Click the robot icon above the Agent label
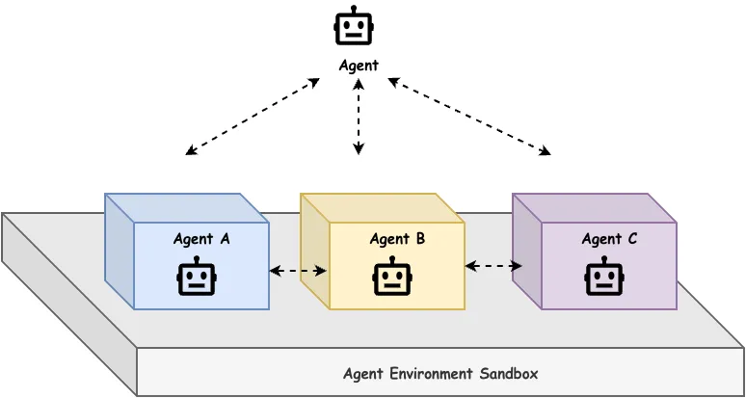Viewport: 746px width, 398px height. coord(353,26)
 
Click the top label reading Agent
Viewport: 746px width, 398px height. coord(359,66)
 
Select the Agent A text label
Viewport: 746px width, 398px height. coord(201,239)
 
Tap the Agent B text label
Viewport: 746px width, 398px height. coord(397,239)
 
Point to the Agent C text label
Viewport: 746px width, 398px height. coord(609,239)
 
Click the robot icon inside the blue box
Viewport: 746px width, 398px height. coord(197,277)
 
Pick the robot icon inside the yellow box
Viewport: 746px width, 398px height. coord(392,277)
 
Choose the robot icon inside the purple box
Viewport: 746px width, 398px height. coord(603,277)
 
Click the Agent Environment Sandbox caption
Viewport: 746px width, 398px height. coord(440,373)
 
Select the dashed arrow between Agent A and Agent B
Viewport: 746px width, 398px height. coord(298,271)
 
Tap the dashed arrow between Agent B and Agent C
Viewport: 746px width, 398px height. coord(493,266)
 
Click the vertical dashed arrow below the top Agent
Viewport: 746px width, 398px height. coord(359,116)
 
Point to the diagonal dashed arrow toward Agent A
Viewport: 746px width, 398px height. coord(253,117)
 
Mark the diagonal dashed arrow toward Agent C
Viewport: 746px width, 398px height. coord(468,117)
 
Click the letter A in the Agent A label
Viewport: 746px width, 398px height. coord(225,239)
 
